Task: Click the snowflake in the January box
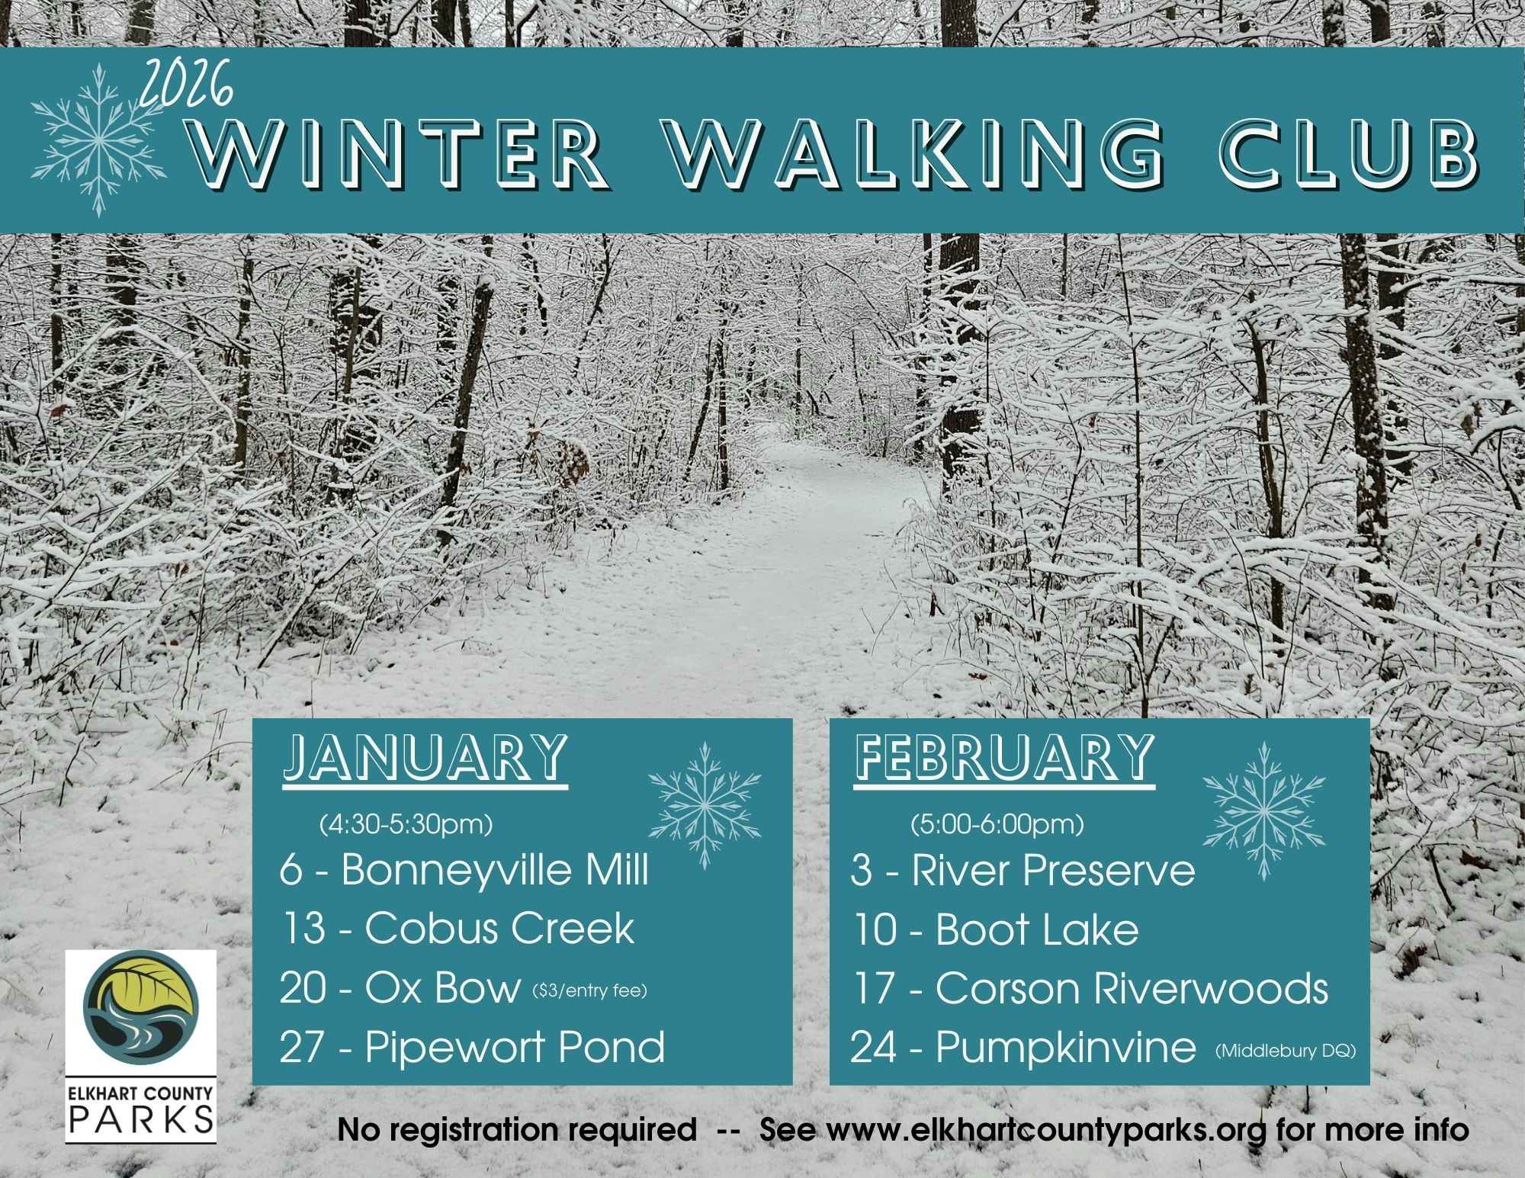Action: (705, 805)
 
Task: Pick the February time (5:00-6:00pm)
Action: (997, 825)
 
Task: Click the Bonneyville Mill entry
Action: (464, 871)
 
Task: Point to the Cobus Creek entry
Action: (457, 929)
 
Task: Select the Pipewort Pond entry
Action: (473, 1048)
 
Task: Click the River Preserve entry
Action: (1023, 871)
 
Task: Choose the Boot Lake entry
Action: (995, 929)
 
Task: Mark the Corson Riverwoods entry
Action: (1090, 989)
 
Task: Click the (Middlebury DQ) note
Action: (1286, 1052)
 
